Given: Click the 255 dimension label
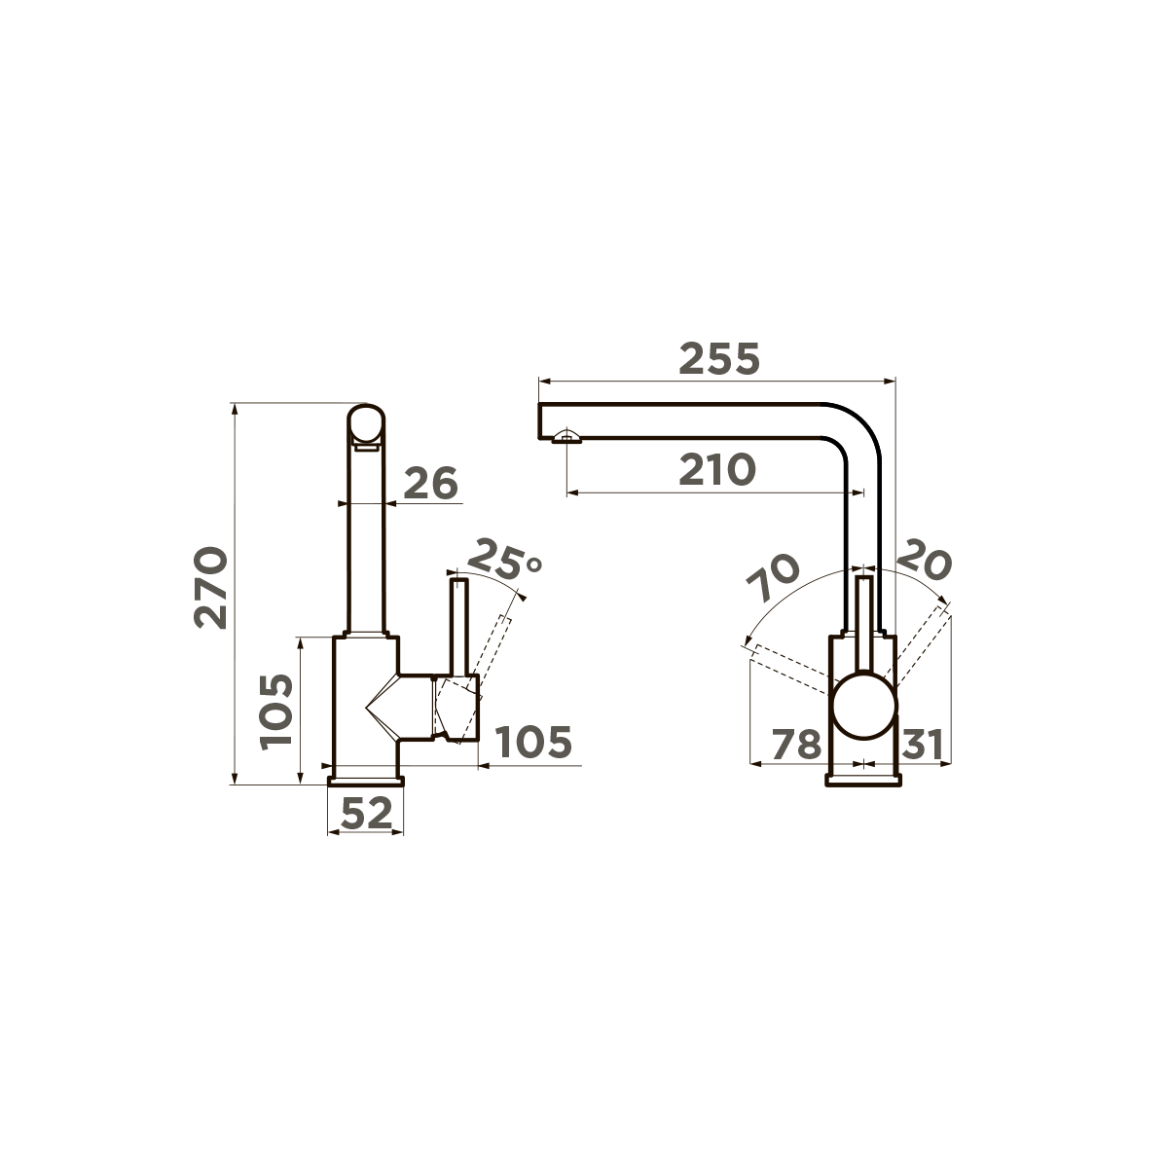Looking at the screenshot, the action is pyautogui.click(x=719, y=359).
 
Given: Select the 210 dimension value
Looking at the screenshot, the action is pyautogui.click(x=717, y=470).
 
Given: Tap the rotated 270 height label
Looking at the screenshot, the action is pyautogui.click(x=211, y=588).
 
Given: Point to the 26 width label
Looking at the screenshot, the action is pyautogui.click(x=430, y=484).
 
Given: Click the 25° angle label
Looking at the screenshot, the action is pyautogui.click(x=505, y=560).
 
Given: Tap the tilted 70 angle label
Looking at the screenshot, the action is pyautogui.click(x=773, y=576).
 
